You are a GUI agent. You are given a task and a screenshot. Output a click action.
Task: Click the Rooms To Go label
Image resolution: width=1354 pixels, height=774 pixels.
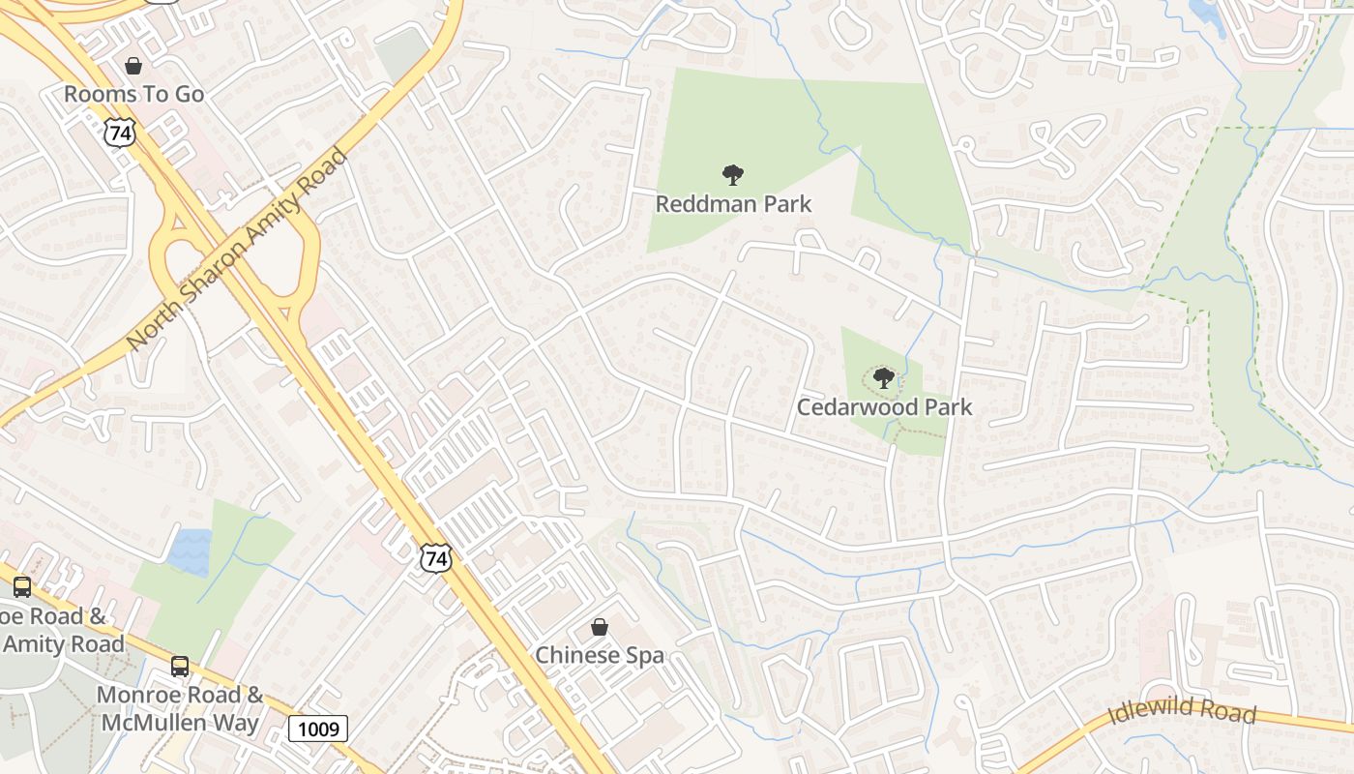pos(134,94)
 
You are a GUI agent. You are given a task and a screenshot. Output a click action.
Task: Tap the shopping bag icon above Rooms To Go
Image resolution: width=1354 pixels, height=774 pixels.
pos(133,66)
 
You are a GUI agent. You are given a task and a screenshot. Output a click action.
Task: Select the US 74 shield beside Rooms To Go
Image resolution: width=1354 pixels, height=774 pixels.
pos(120,133)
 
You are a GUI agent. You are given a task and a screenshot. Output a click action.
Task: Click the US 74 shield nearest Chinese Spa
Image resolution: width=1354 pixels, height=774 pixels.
pos(436,557)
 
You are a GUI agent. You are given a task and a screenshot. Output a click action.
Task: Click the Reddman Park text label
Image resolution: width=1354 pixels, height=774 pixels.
pos(733,204)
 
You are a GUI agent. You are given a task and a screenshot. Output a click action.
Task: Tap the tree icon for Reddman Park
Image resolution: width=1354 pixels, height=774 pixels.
pos(733,175)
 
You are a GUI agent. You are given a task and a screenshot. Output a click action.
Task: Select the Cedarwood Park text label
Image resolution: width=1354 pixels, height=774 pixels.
pos(884,406)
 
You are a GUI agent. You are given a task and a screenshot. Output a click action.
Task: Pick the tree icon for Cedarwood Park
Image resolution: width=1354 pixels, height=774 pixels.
pos(883,378)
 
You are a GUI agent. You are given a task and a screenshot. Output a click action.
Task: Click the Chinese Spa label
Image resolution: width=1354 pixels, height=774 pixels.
pos(600,655)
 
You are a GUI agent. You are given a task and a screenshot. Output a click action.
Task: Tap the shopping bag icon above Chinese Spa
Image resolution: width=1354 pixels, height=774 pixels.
pos(600,627)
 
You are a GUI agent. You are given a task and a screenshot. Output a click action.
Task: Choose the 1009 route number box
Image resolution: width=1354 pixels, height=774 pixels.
pos(318,729)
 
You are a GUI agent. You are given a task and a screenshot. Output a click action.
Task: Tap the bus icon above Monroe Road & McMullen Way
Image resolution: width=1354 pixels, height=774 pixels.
pos(180,666)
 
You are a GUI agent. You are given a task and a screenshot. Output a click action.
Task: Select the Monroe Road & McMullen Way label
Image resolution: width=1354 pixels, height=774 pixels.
pos(180,708)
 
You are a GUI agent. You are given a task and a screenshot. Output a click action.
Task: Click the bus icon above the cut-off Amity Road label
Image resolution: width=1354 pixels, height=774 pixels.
pos(21,587)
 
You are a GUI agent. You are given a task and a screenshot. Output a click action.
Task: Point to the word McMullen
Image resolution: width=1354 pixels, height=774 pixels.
pos(180,723)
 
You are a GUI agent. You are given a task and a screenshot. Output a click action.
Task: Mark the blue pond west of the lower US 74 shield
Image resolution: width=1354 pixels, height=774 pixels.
pos(189,552)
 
